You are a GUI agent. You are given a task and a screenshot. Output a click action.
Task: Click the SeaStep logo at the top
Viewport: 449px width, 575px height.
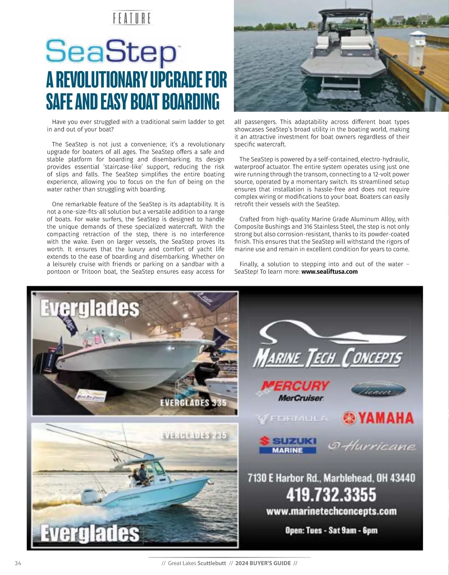[111, 52]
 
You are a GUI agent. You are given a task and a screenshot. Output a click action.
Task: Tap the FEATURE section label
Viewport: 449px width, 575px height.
[132, 18]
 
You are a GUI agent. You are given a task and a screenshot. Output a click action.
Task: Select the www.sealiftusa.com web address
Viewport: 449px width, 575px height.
[329, 272]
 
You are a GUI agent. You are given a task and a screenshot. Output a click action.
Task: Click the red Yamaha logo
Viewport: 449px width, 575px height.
[378, 418]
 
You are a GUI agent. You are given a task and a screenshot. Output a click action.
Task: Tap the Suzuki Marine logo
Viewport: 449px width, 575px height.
[288, 445]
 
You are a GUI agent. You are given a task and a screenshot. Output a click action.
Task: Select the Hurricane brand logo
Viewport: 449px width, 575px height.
[372, 446]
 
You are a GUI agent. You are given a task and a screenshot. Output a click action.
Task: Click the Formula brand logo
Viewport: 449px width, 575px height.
[292, 418]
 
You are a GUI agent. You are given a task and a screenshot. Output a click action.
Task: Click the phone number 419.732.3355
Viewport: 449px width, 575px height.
[331, 494]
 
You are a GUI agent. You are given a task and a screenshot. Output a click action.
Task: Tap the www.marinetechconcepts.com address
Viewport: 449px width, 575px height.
[331, 511]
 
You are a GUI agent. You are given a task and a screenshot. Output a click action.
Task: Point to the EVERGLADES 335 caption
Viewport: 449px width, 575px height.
[193, 403]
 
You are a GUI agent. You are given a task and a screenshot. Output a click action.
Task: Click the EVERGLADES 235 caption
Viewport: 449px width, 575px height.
[193, 435]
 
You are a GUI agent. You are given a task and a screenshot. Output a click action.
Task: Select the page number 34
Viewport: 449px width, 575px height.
[18, 563]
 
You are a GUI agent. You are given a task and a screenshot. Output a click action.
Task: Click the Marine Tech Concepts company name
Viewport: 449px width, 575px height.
[328, 358]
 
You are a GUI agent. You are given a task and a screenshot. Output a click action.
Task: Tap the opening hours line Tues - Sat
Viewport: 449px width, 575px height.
[331, 530]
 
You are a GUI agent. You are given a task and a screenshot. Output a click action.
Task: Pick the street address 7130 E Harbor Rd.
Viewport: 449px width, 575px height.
[331, 478]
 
